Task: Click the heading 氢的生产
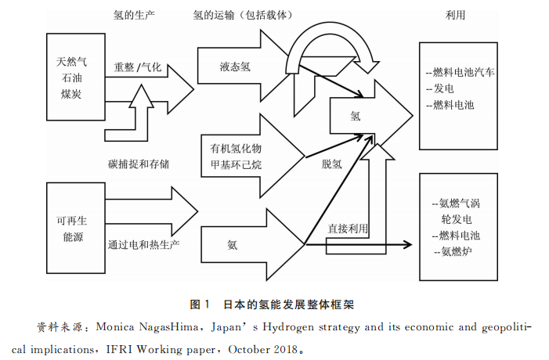click(x=133, y=15)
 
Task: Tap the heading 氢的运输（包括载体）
click(x=242, y=15)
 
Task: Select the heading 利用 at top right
click(x=455, y=15)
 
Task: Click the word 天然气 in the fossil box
click(x=71, y=62)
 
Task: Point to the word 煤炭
click(x=71, y=94)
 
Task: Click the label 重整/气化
click(x=138, y=67)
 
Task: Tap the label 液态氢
click(x=235, y=67)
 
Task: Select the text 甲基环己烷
click(x=236, y=165)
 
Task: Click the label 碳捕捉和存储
click(x=139, y=164)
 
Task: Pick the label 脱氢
click(x=331, y=164)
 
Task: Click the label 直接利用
click(x=348, y=229)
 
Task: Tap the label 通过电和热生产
click(x=143, y=244)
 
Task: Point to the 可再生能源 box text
click(x=72, y=229)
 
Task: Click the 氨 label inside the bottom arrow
click(x=232, y=244)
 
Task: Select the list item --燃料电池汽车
click(x=460, y=72)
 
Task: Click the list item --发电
click(x=440, y=88)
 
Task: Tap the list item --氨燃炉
click(x=453, y=251)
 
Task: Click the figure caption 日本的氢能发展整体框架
click(x=289, y=304)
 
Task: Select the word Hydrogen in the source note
click(x=288, y=327)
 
